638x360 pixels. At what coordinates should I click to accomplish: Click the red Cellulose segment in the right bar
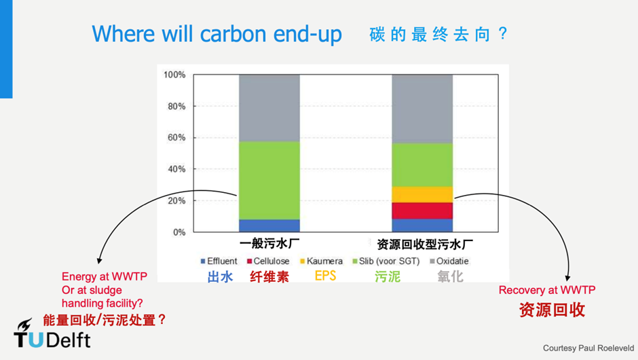coord(422,211)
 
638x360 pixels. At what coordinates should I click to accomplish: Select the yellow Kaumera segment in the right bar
coord(422,195)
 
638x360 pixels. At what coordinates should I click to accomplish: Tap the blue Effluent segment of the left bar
coord(269,226)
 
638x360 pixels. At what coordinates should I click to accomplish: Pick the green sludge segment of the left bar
coord(269,181)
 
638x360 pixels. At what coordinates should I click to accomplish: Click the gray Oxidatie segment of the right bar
coord(422,109)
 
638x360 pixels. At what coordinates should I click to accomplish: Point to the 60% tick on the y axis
coord(176,138)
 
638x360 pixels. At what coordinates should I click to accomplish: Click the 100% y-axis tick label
coord(174,75)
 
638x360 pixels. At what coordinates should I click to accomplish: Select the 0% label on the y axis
coord(179,232)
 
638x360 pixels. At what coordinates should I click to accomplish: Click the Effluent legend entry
coord(219,261)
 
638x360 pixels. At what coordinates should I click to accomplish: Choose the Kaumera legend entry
coord(321,261)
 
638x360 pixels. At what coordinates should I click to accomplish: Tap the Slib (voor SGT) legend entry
coord(386,261)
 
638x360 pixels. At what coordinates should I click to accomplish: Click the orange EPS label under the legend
coord(326,276)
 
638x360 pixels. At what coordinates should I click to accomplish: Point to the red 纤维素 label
coord(269,277)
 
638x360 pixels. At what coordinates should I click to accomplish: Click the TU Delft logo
coord(52,334)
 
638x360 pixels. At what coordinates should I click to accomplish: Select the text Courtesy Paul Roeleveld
coord(588,348)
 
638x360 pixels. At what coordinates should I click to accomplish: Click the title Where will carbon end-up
coord(217,34)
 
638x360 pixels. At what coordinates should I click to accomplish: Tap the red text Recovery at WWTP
coord(547,290)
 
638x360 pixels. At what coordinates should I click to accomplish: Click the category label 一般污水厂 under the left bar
coord(269,244)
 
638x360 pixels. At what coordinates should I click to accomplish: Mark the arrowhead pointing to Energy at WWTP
coord(99,261)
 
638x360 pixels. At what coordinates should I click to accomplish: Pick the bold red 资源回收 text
coord(552,310)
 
